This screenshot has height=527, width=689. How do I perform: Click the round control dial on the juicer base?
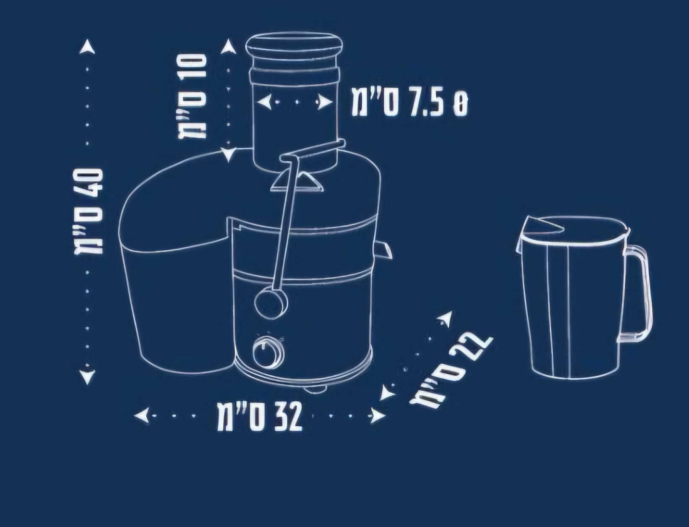(269, 352)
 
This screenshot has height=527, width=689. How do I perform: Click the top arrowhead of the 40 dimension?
(87, 47)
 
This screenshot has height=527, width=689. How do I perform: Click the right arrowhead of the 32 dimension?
(378, 416)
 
